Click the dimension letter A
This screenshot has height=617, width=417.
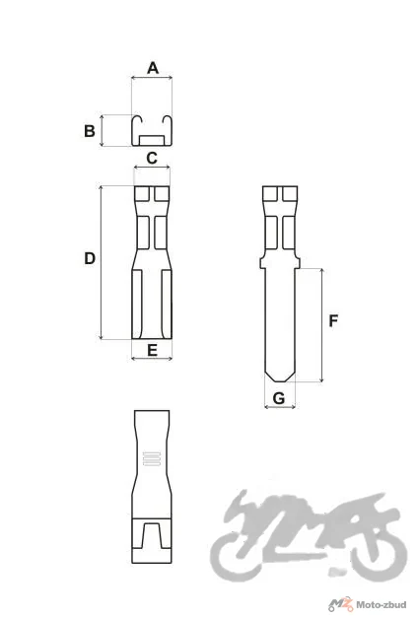pos(153,68)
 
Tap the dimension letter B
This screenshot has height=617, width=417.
pos(90,131)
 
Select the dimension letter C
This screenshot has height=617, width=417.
pos(152,158)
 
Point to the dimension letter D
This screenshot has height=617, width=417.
pos(90,258)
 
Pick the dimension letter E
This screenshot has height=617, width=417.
pos(152,350)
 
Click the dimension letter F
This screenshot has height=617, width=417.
pos(333,321)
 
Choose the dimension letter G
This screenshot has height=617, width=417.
pos(279,398)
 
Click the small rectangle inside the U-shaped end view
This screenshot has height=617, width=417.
pos(152,141)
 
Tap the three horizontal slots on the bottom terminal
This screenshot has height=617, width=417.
pos(152,458)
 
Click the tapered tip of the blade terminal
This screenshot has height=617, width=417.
pos(279,377)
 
